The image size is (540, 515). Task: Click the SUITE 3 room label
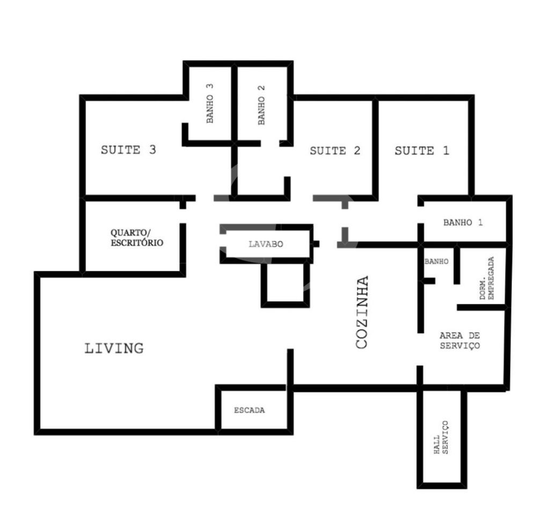(x=128, y=150)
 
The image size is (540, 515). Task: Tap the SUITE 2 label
(x=335, y=151)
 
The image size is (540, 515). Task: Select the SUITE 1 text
(x=422, y=151)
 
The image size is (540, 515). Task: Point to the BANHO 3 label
(x=210, y=104)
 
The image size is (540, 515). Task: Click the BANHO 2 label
(x=261, y=105)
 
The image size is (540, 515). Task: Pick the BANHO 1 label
(x=463, y=223)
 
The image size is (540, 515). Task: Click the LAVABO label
(x=266, y=244)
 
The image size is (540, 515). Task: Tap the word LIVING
(x=114, y=348)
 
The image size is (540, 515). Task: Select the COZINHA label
(x=362, y=312)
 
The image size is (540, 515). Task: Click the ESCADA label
(x=250, y=410)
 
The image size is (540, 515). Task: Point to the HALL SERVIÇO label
(x=441, y=438)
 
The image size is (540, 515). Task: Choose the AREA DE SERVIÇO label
(x=460, y=341)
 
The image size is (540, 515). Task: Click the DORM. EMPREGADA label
(x=487, y=278)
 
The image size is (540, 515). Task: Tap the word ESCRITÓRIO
(x=137, y=242)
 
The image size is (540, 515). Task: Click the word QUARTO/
(x=130, y=233)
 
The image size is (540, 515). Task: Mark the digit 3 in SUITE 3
(x=152, y=150)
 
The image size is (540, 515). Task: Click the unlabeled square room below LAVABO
(x=285, y=283)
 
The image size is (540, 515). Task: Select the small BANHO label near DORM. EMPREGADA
(x=436, y=262)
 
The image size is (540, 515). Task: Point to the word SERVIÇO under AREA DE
(x=460, y=345)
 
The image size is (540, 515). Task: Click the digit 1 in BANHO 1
(x=480, y=223)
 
